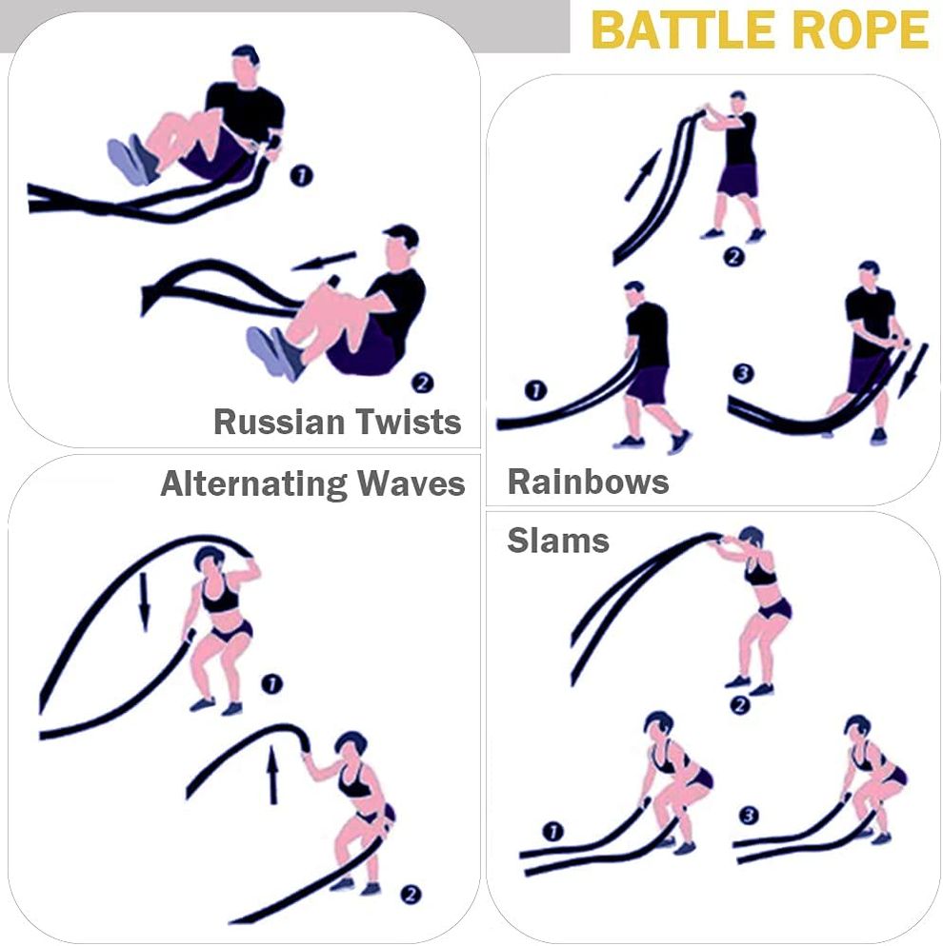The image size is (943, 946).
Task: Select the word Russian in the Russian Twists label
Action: click(279, 421)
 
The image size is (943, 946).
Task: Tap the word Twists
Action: click(409, 421)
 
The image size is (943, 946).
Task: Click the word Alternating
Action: click(253, 483)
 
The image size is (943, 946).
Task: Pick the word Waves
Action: click(411, 483)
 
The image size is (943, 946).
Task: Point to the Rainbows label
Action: click(588, 482)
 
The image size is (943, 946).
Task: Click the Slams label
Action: click(558, 540)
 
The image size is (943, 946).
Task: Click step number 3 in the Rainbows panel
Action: click(743, 373)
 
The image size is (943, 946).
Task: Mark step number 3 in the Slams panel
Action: click(749, 816)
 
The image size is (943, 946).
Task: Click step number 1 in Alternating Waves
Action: click(271, 685)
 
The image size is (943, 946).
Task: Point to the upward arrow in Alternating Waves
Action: click(272, 775)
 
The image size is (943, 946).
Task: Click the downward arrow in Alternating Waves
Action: click(144, 601)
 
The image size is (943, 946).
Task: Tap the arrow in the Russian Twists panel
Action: click(324, 261)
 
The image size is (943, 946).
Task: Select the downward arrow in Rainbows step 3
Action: click(912, 370)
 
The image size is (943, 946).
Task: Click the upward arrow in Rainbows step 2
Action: click(642, 175)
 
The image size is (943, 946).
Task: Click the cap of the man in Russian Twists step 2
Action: click(401, 234)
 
